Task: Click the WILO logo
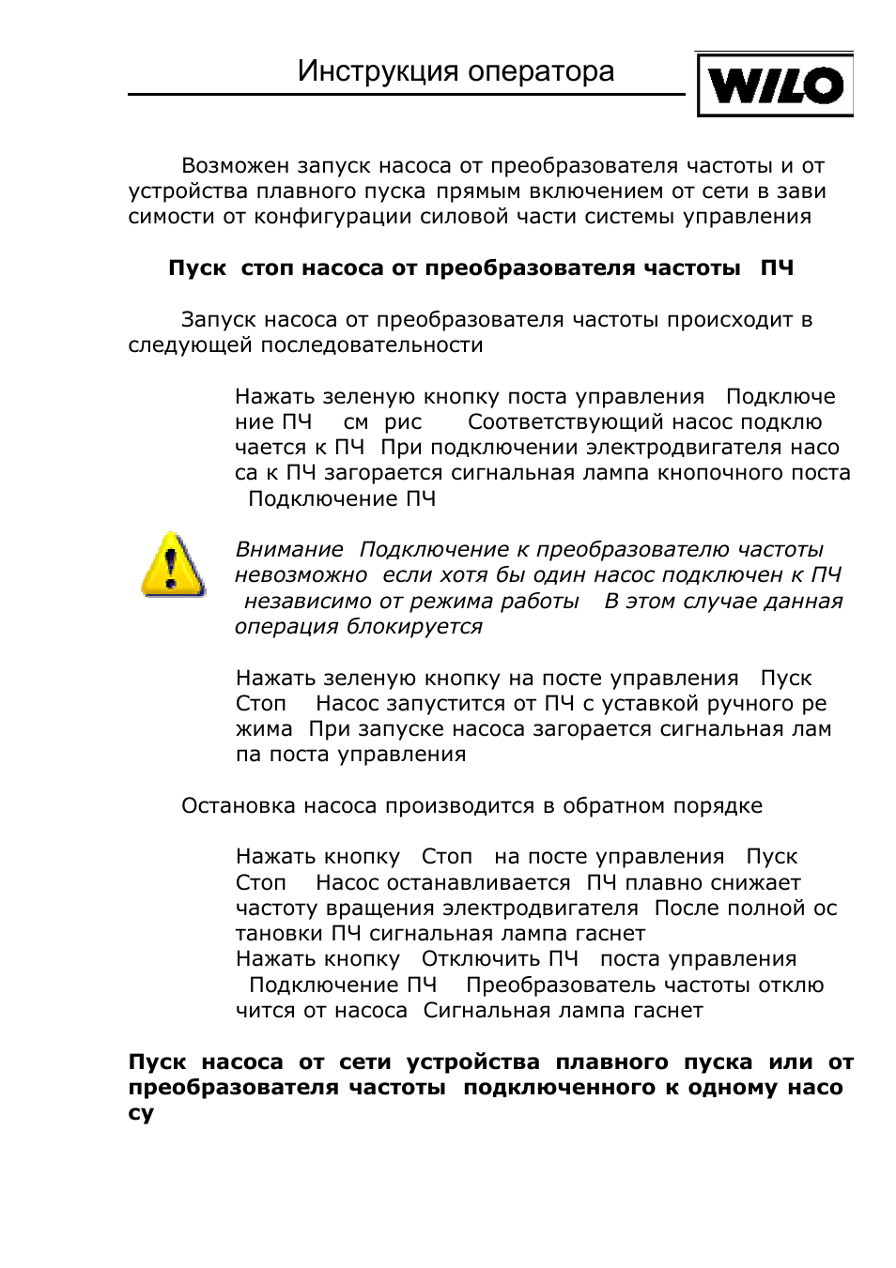click(x=775, y=85)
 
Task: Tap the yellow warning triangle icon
click(x=171, y=566)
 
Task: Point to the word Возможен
click(x=235, y=166)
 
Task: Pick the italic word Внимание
click(x=289, y=549)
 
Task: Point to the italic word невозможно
click(x=301, y=575)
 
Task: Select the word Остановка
click(x=239, y=806)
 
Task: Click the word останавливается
click(x=442, y=883)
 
